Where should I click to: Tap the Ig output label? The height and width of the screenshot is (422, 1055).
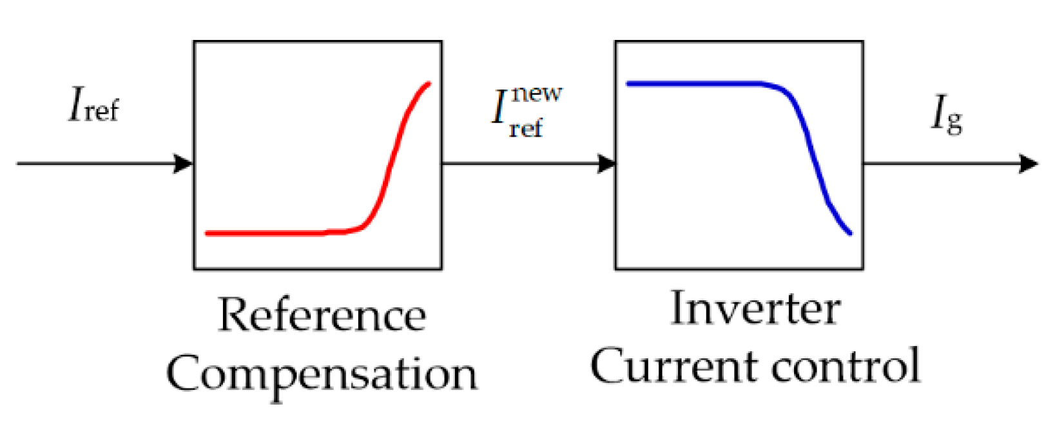[946, 116]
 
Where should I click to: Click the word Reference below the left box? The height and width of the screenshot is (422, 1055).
[322, 316]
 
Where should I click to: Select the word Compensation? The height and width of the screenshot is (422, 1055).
[322, 374]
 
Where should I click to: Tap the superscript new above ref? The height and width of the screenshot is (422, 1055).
[536, 93]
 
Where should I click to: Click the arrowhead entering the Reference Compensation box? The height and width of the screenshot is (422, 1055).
[184, 164]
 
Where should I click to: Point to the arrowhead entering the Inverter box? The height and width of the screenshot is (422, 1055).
[606, 164]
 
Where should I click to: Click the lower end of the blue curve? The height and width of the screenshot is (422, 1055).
[849, 233]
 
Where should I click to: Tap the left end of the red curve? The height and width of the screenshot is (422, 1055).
[208, 233]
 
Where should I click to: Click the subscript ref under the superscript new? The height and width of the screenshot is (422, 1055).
[525, 128]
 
